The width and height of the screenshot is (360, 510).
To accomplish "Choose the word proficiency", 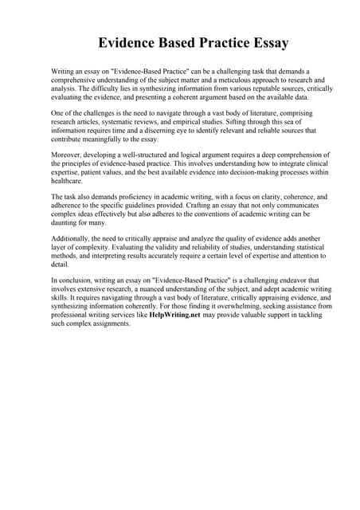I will [141, 196].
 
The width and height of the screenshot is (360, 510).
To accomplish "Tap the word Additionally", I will [73, 238].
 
